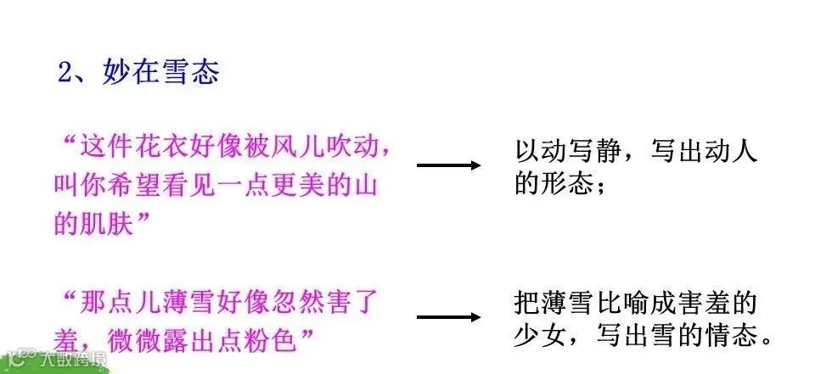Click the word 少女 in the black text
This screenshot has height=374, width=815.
540,337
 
